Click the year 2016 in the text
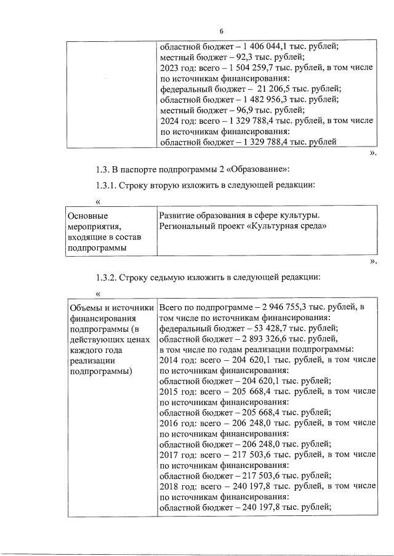coord(169,423)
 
